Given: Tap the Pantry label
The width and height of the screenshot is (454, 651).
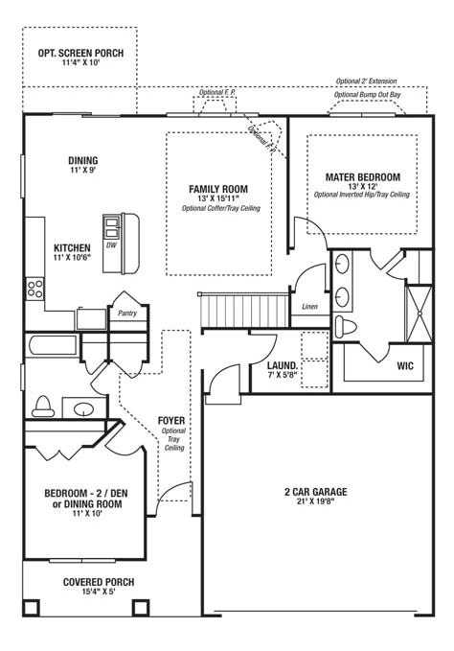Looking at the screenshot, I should pos(126,313).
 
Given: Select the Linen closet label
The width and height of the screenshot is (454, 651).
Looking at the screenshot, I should pos(309,307).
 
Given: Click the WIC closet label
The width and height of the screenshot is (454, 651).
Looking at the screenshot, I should pos(405,364).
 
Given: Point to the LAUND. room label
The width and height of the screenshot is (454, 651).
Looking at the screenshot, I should pos(282,366).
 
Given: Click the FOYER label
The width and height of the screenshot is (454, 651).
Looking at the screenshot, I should pos(172,421).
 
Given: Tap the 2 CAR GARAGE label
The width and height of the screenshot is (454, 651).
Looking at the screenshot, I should pos(315,492).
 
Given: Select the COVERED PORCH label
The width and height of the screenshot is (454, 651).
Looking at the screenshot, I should pos(99,582).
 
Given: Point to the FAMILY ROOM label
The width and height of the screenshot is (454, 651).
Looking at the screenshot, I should pos(219,189).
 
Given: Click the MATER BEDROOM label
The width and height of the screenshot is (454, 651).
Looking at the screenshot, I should pos(362,176).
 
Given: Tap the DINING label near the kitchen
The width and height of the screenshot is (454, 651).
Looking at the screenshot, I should pos(83,160).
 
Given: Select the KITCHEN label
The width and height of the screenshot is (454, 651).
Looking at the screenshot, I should pos(73,246).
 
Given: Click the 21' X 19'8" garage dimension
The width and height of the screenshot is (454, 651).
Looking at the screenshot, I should pos(315,502).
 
